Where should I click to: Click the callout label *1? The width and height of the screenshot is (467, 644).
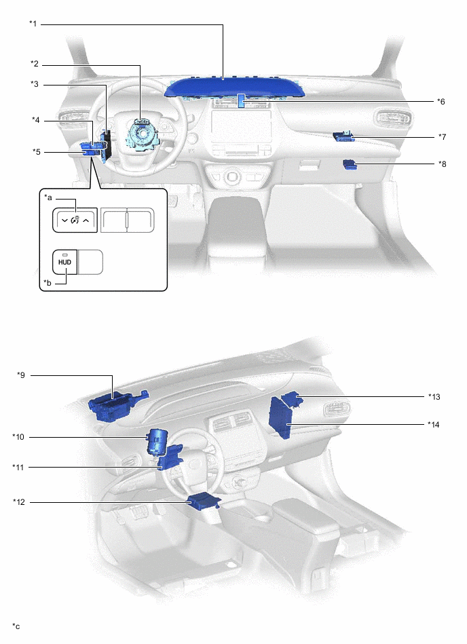[x=33, y=24]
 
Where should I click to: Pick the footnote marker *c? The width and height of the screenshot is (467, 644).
[x=16, y=625]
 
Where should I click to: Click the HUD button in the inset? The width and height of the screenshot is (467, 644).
[x=65, y=262]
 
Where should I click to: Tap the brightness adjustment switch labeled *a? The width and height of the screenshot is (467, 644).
[x=75, y=219]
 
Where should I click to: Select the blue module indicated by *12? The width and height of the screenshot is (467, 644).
[x=203, y=502]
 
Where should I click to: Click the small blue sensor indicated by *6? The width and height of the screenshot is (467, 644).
[x=240, y=101]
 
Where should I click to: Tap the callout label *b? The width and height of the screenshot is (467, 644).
[x=48, y=282]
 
